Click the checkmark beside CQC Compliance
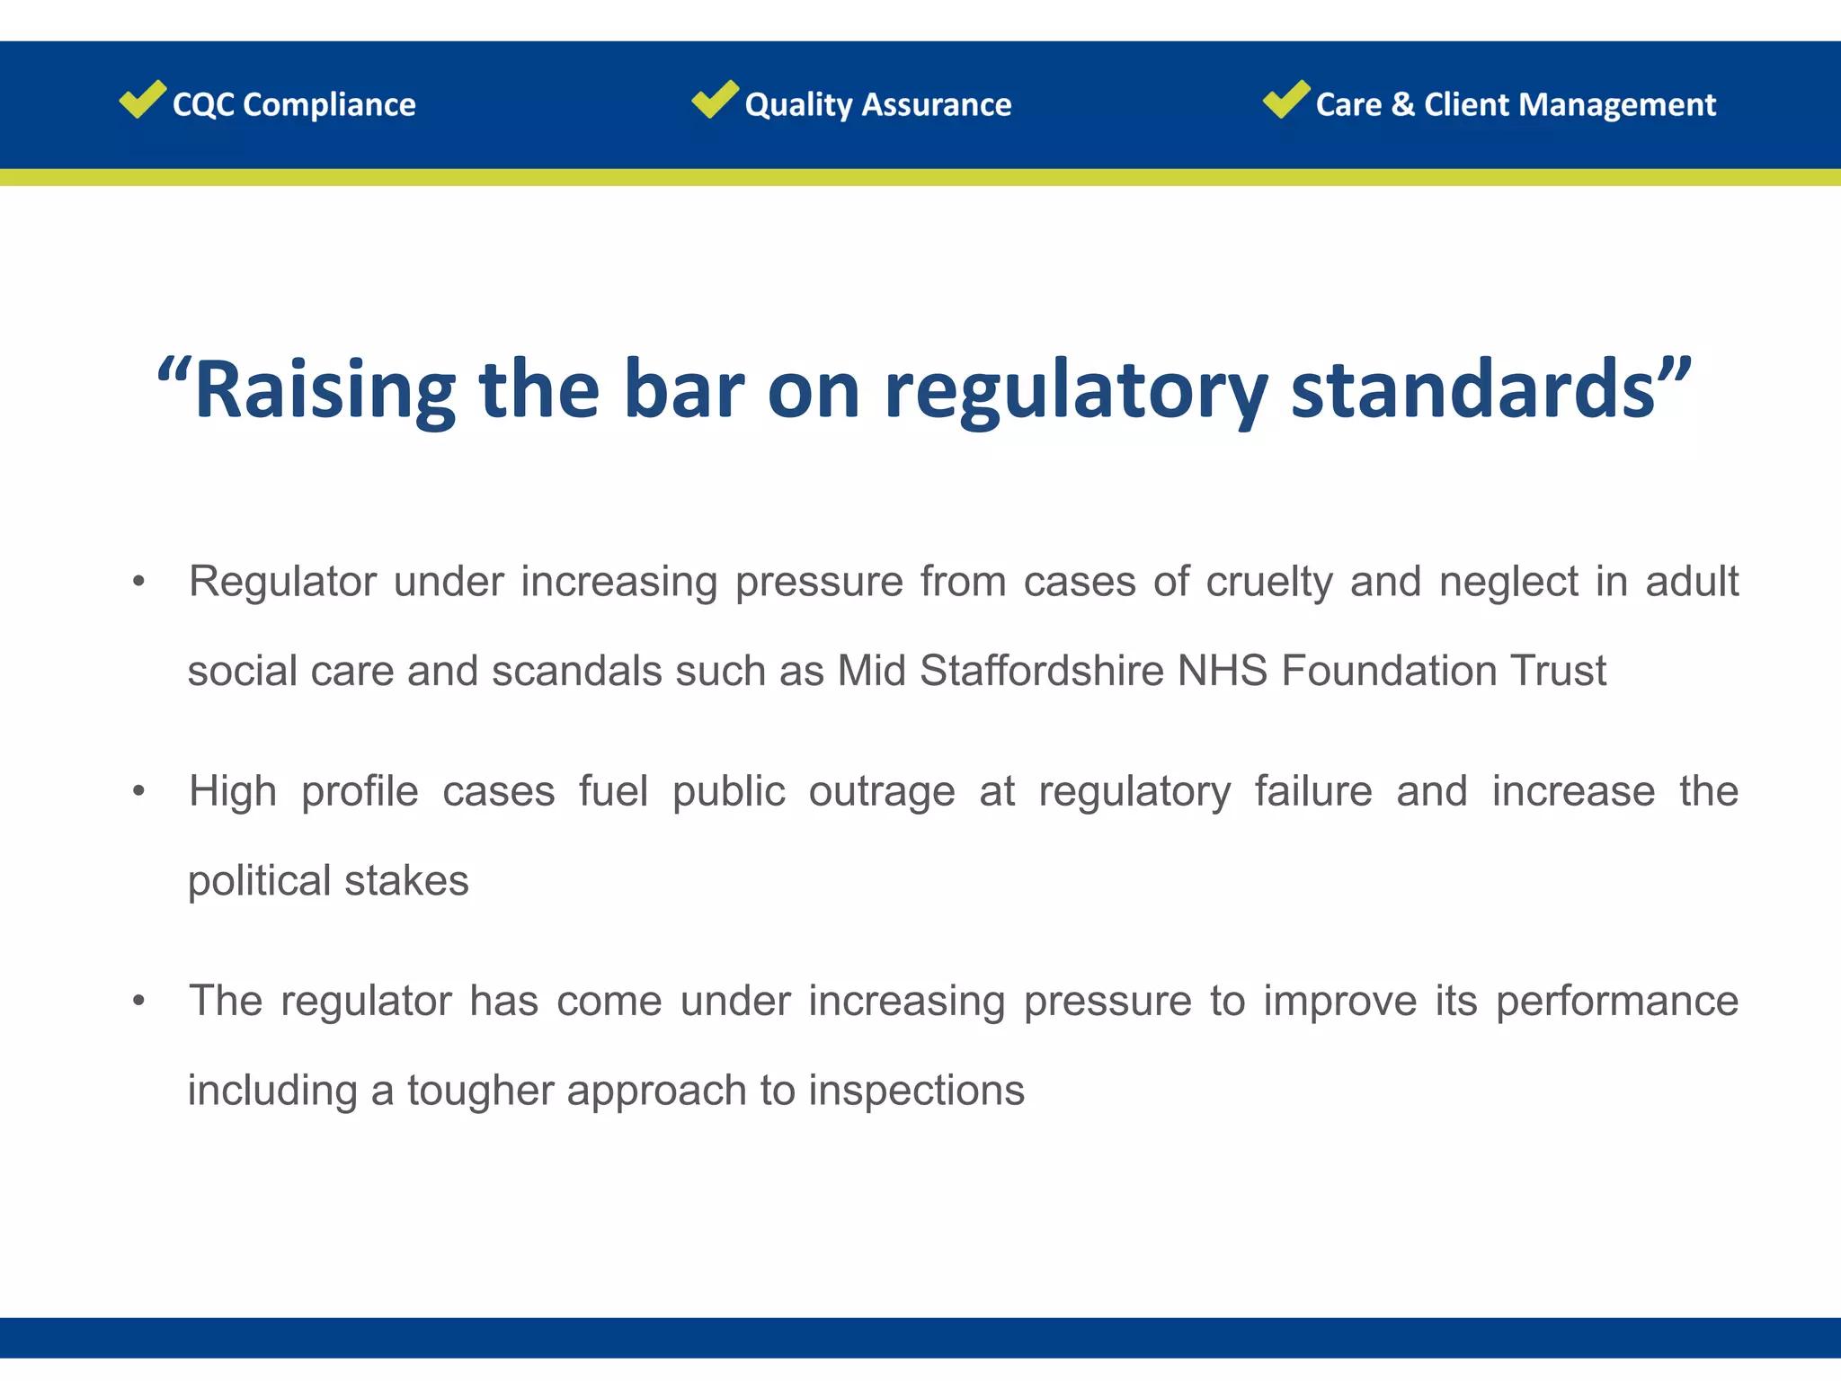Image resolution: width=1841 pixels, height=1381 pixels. [142, 99]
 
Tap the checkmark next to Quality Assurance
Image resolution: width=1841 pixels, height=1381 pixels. [715, 99]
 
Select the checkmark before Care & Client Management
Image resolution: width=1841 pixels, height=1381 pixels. [1285, 99]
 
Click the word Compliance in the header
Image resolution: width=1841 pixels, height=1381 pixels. [329, 105]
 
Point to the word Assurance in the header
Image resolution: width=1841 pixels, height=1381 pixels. [936, 105]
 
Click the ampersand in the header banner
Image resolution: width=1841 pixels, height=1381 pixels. [1402, 105]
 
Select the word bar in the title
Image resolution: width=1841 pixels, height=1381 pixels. [683, 390]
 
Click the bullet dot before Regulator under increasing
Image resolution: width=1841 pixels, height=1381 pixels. [138, 582]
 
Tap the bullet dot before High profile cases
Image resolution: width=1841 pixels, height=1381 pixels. [138, 792]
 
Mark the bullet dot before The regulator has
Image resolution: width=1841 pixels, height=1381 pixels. [138, 1001]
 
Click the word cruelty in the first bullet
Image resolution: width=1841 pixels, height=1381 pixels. [1268, 582]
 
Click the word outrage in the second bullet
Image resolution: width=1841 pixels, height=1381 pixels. [881, 792]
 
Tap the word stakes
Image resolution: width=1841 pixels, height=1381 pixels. [406, 881]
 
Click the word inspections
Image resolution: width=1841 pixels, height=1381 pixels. [916, 1091]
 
